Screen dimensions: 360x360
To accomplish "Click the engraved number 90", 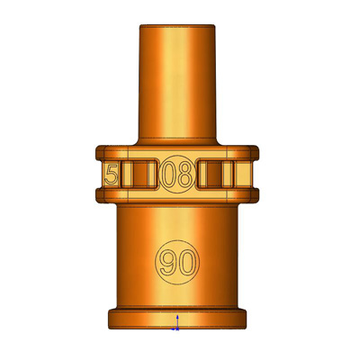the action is (177, 262).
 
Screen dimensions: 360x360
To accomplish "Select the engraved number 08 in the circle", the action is (177, 174).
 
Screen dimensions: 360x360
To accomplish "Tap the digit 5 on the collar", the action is (111, 175).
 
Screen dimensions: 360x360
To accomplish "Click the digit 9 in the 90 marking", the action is (167, 262).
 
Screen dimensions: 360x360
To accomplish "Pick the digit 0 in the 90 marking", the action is (187, 262).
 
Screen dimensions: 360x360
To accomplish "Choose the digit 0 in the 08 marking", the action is (168, 174).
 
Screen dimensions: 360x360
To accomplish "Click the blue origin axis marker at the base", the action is (176, 323).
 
